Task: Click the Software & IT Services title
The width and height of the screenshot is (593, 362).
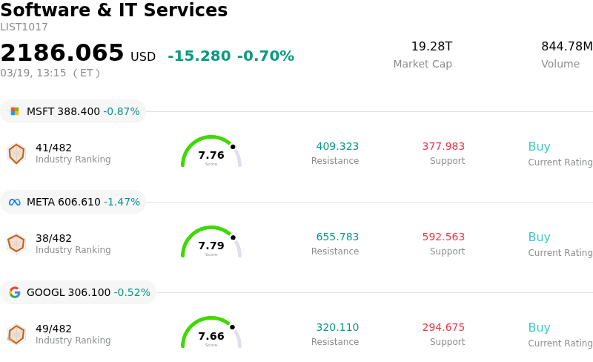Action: point(114,10)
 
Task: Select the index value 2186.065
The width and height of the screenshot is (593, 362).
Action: point(62,53)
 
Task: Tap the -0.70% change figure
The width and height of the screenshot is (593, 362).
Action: point(265,56)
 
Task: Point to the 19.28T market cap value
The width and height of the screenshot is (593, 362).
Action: point(431,47)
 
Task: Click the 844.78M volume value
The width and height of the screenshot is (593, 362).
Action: point(566,47)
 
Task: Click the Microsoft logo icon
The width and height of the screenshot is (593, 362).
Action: point(15,111)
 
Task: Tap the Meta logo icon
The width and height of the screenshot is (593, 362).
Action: point(15,202)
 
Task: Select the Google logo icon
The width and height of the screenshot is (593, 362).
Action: point(15,292)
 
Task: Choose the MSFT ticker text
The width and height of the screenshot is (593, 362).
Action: point(40,111)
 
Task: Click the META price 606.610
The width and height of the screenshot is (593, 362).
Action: point(79,202)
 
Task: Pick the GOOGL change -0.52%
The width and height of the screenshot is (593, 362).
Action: point(132,292)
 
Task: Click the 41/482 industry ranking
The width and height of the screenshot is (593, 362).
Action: point(53,148)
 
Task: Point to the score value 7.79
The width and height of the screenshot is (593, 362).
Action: point(211,246)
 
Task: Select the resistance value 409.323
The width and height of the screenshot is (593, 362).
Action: point(337,146)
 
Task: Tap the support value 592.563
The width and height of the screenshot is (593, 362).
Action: point(443,237)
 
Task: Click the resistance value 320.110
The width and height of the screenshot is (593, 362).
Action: point(337,327)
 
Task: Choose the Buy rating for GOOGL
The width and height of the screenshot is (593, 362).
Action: point(539,327)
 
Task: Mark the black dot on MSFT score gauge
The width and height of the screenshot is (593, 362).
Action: point(233,147)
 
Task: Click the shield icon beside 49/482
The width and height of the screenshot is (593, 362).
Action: point(16,335)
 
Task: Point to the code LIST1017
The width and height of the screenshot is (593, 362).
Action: point(24,27)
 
